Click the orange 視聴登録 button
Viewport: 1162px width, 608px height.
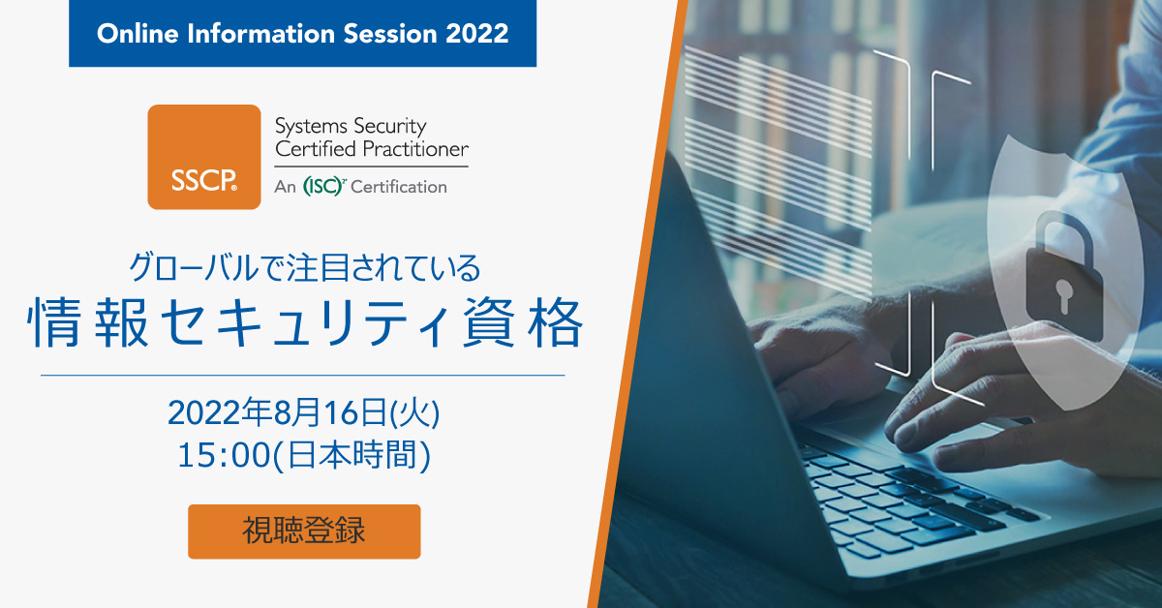tap(304, 532)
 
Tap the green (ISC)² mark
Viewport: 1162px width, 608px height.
tap(323, 187)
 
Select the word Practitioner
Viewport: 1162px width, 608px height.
tap(417, 149)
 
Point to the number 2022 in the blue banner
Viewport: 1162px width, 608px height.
tap(476, 33)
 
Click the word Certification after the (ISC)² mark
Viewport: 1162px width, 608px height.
tap(399, 187)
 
